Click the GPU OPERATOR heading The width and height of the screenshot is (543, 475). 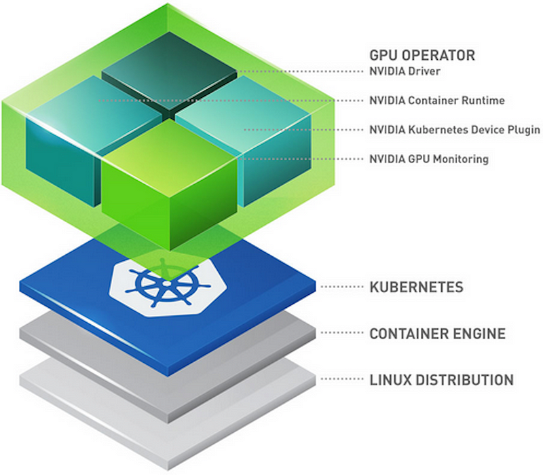422,56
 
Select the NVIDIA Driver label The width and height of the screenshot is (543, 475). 405,71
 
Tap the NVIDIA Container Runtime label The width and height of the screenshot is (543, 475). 437,100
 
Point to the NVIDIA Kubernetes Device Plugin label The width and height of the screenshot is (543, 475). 455,130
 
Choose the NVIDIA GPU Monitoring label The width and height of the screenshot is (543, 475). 429,159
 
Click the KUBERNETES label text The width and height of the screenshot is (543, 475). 416,287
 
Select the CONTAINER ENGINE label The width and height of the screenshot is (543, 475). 438,334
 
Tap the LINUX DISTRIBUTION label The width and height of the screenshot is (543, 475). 442,380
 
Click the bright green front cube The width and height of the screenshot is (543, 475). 169,183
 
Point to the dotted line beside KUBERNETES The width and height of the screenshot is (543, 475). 342,287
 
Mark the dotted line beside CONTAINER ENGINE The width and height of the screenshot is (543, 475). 342,333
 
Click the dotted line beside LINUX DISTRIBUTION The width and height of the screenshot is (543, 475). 342,379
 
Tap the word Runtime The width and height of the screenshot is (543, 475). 483,100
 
